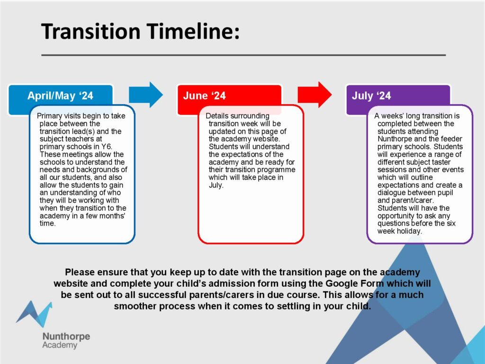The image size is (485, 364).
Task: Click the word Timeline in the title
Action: [x=193, y=31]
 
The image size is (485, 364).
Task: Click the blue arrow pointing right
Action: [x=146, y=95]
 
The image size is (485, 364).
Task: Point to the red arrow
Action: [x=314, y=95]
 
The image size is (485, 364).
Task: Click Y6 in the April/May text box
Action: [x=107, y=147]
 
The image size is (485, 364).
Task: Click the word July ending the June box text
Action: [x=216, y=185]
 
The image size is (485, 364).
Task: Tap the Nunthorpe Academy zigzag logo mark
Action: [x=34, y=314]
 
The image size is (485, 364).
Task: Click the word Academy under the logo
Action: [x=60, y=346]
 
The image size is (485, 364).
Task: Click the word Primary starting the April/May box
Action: [x=49, y=116]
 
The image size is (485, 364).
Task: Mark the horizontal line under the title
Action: [x=243, y=55]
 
